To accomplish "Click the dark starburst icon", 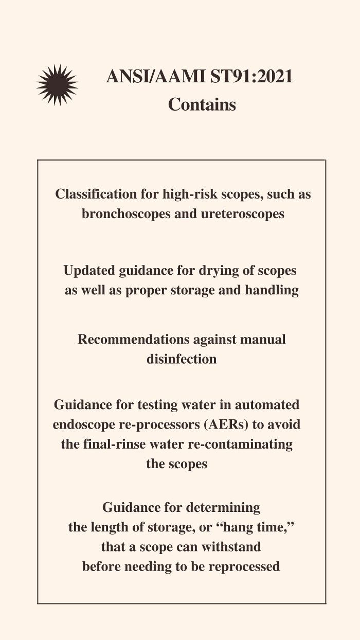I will click(x=57, y=85).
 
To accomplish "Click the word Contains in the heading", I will click(x=202, y=104).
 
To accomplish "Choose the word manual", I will click(x=262, y=340).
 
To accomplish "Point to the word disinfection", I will click(x=182, y=359).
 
